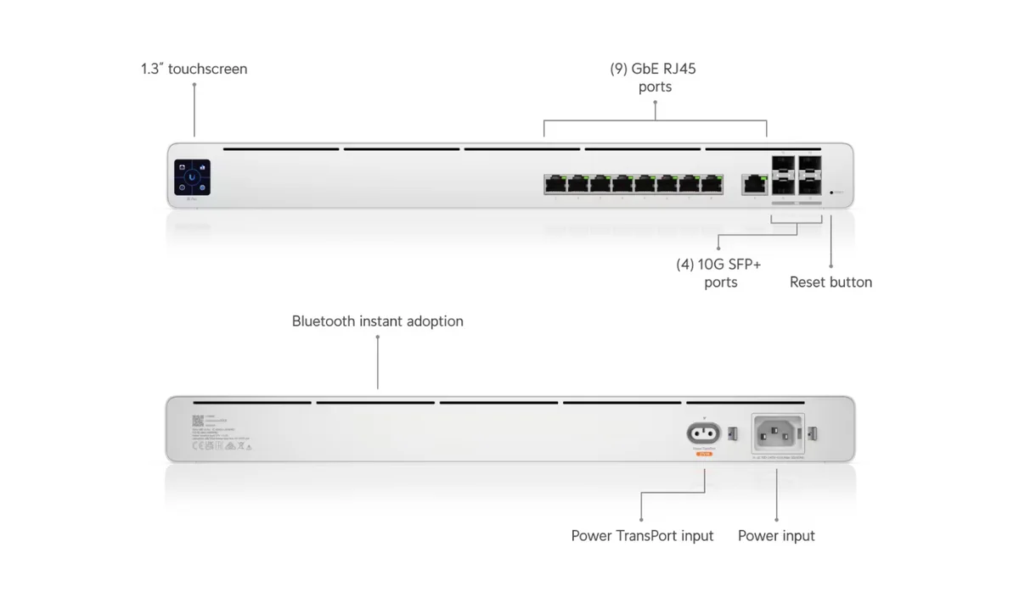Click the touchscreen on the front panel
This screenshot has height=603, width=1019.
point(193,177)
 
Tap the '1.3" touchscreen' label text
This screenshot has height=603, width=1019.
point(194,69)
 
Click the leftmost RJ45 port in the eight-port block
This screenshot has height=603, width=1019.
point(555,182)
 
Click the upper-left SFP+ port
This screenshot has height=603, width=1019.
point(784,165)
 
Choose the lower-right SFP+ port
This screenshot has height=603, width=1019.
point(811,186)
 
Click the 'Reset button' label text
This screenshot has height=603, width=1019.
point(830,282)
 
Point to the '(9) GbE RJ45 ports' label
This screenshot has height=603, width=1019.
point(653,77)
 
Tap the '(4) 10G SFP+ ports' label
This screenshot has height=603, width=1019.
point(721,273)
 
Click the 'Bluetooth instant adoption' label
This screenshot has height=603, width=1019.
point(377,321)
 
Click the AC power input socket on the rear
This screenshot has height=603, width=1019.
point(777,434)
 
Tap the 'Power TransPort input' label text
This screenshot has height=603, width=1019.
point(642,536)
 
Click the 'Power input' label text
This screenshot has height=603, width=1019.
point(776,536)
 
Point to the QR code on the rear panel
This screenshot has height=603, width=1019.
point(198,420)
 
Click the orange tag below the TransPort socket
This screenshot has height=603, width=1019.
point(703,455)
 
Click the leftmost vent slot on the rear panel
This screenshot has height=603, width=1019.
point(251,403)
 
